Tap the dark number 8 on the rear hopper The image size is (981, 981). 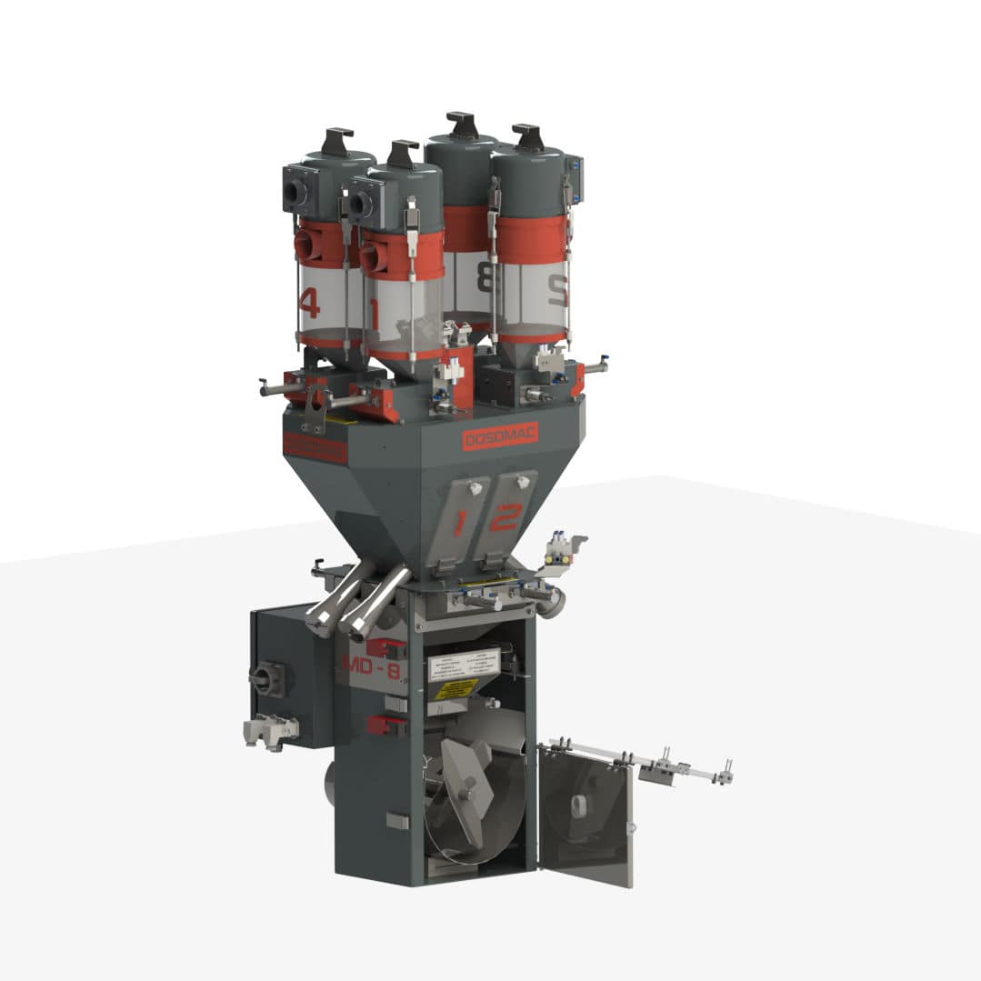click(x=487, y=277)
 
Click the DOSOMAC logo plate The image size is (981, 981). click(x=501, y=436)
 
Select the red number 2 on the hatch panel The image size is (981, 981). click(x=503, y=517)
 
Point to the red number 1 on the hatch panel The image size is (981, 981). click(x=461, y=522)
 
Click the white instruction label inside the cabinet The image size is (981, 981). click(x=464, y=666)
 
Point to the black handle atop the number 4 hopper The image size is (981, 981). click(x=337, y=140)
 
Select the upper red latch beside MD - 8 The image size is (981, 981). click(x=385, y=647)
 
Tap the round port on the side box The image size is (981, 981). click(x=266, y=677)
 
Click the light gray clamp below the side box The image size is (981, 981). click(x=269, y=728)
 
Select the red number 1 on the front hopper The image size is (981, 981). click(x=375, y=314)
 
